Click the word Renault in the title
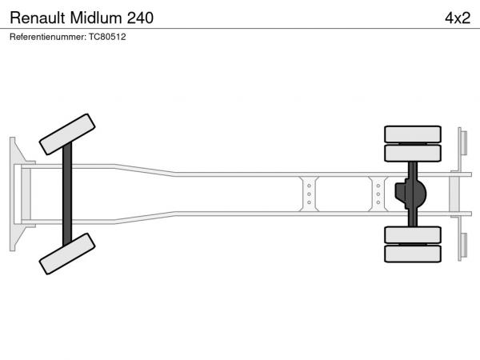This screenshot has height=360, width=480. coord(38,18)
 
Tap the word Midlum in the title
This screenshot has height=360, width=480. coord(96,18)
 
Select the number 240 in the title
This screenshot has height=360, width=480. coord(140,18)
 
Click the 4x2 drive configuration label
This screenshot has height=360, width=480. coord(458,18)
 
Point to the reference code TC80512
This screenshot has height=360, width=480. coord(107,37)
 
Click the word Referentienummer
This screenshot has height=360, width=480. coord(48,37)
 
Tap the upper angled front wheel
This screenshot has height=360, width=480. coord(67,134)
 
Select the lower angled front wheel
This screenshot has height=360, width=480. coord(67,254)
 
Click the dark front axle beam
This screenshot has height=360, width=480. coord(67,194)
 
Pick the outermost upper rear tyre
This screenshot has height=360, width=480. coord(413,134)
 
